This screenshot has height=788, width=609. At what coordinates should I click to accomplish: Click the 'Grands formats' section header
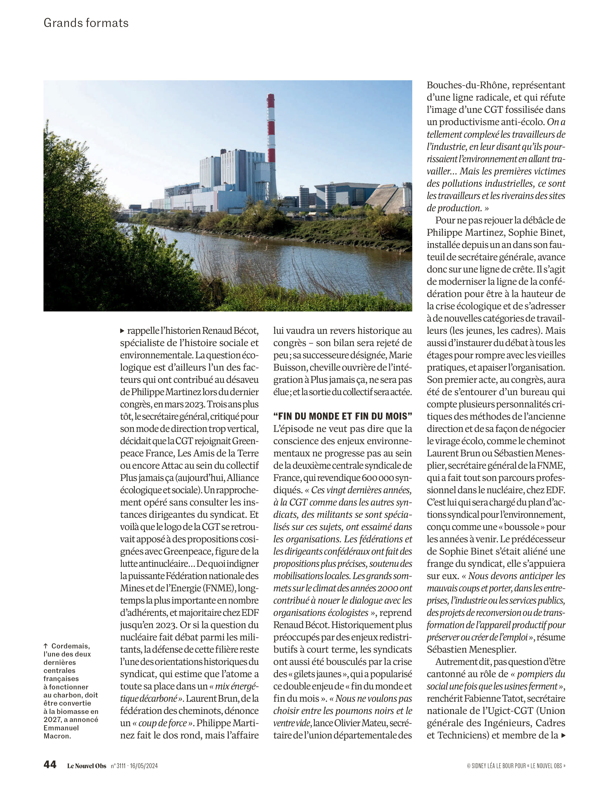pos(86,23)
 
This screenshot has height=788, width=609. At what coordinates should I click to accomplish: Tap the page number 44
pos(50,764)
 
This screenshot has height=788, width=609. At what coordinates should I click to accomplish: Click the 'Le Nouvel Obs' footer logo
pos(87,766)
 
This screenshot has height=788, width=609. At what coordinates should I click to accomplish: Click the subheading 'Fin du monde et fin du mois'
pos(342,416)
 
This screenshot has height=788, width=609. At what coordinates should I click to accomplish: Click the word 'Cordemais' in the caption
pos(71,646)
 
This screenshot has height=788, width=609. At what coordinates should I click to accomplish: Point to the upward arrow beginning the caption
pos(46,646)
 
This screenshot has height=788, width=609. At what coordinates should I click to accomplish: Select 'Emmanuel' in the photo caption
pos(61,728)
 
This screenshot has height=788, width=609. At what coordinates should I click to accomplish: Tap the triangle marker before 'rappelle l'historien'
pos(123,331)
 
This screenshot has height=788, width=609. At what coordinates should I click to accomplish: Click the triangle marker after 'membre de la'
pos(563,735)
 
